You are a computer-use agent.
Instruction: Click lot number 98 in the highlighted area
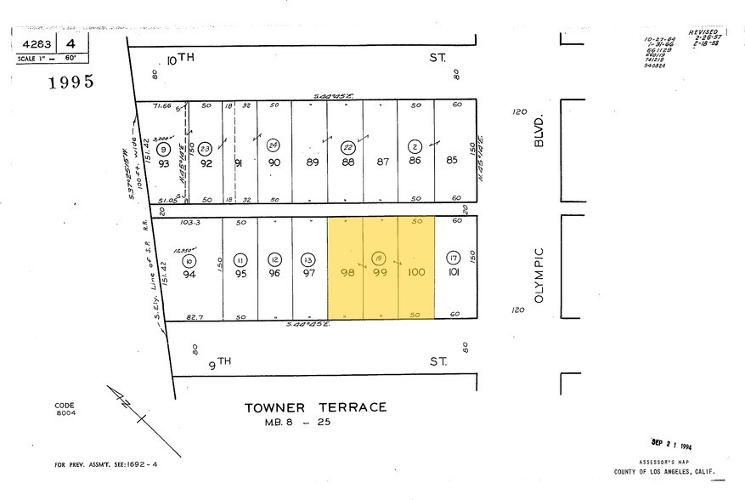point(346,272)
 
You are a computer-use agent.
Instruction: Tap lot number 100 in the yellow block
point(416,272)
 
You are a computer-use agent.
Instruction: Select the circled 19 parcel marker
point(381,257)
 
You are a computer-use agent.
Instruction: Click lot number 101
point(454,272)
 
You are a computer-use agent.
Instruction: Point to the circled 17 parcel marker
point(454,257)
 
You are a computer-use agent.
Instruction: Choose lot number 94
point(189,274)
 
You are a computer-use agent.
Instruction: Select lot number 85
point(452,161)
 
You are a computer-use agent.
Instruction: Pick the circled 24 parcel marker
point(274,145)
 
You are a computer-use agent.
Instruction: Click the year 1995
point(71,82)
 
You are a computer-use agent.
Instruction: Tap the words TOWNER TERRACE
point(315,407)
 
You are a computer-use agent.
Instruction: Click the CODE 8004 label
point(64,409)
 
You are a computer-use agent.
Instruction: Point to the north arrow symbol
point(129,410)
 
